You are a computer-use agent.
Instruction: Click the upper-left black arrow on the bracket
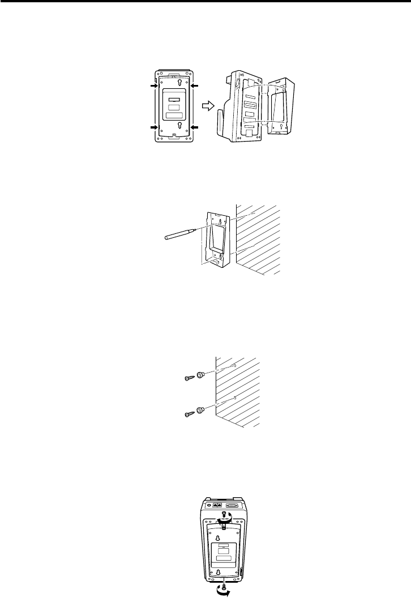[x=153, y=86]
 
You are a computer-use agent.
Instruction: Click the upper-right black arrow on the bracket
[x=194, y=86]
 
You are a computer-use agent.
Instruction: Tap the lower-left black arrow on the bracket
[x=153, y=128]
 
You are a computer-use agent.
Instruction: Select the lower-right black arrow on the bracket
[x=194, y=128]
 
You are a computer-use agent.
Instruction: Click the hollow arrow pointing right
[x=208, y=105]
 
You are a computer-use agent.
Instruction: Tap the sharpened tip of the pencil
[x=197, y=230]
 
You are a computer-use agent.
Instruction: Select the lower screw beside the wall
[x=189, y=415]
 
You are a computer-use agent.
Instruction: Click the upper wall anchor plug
[x=201, y=375]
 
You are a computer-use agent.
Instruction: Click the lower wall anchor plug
[x=201, y=410]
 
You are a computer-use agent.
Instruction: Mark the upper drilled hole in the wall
[x=234, y=365]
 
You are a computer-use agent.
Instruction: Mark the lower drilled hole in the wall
[x=234, y=400]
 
